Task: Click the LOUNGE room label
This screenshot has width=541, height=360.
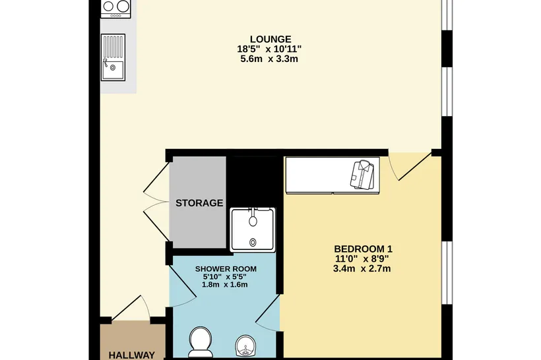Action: (270, 39)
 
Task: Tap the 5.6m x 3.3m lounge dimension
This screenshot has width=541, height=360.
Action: (269, 59)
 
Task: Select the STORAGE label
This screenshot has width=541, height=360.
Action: (199, 203)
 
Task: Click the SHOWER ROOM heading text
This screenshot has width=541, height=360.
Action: (226, 269)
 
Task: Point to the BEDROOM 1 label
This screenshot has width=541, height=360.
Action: (363, 249)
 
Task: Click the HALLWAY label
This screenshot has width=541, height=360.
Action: (132, 355)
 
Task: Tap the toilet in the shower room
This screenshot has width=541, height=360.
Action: (200, 342)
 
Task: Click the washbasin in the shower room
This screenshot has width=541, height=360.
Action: (245, 345)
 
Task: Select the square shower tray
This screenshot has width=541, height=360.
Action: (253, 229)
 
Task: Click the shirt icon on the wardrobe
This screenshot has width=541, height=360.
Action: (362, 175)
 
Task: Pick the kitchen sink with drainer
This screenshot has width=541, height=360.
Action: (113, 57)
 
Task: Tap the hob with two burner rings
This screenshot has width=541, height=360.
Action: (116, 9)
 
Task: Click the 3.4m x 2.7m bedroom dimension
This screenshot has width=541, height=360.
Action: (362, 268)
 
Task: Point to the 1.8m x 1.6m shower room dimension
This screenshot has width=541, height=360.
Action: (224, 285)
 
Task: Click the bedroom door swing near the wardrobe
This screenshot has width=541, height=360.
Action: (410, 165)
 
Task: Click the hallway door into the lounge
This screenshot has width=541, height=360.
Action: (131, 308)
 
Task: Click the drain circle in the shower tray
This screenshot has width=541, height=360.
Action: (253, 243)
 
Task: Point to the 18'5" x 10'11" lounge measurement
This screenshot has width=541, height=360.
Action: (269, 49)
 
